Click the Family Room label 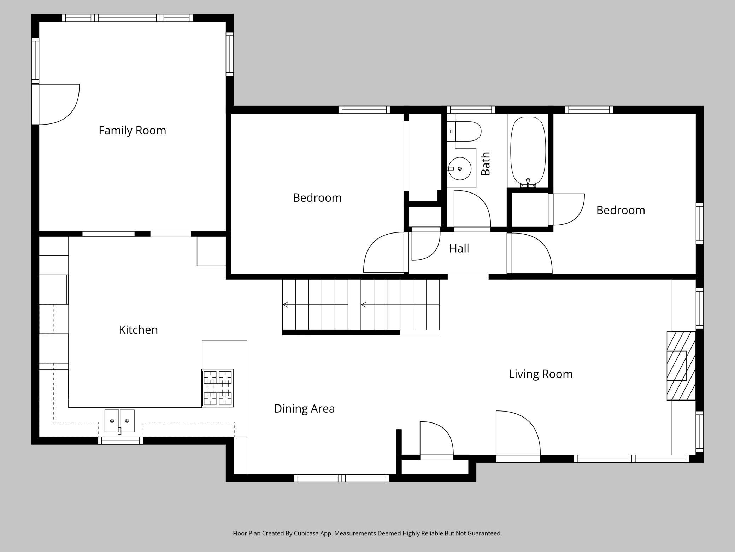tap(132, 131)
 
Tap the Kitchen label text tap(138, 330)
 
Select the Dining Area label tap(304, 409)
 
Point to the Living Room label tap(541, 374)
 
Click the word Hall tap(459, 248)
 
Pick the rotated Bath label tap(486, 163)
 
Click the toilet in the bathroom tap(464, 131)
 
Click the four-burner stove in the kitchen tap(218, 388)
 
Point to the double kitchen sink tap(119, 421)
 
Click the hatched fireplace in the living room tap(681, 366)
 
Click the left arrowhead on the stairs tap(285, 305)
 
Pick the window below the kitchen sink tap(120, 441)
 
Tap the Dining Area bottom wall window tap(342, 478)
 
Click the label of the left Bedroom tap(317, 198)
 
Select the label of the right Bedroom tap(621, 210)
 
